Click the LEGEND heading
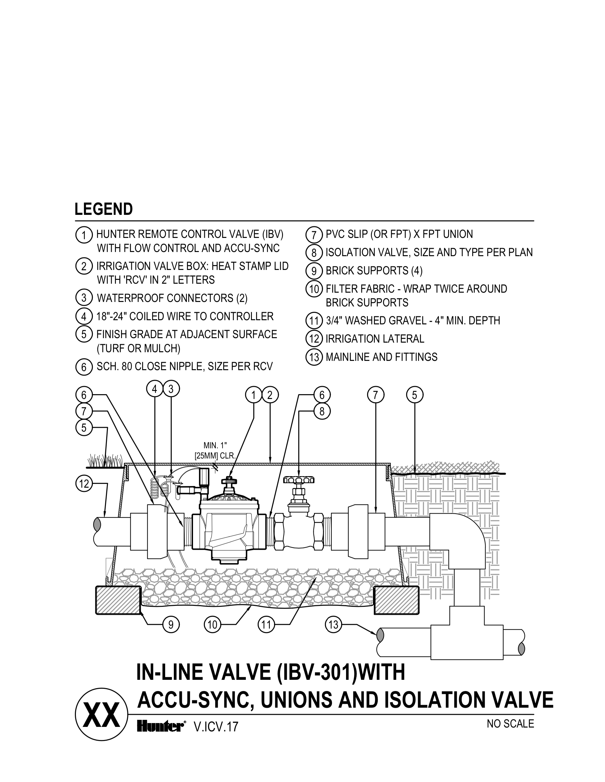103,209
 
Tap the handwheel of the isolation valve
299,479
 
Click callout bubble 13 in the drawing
333,625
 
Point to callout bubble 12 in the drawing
84,484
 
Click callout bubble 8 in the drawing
322,411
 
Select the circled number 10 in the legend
314,289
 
